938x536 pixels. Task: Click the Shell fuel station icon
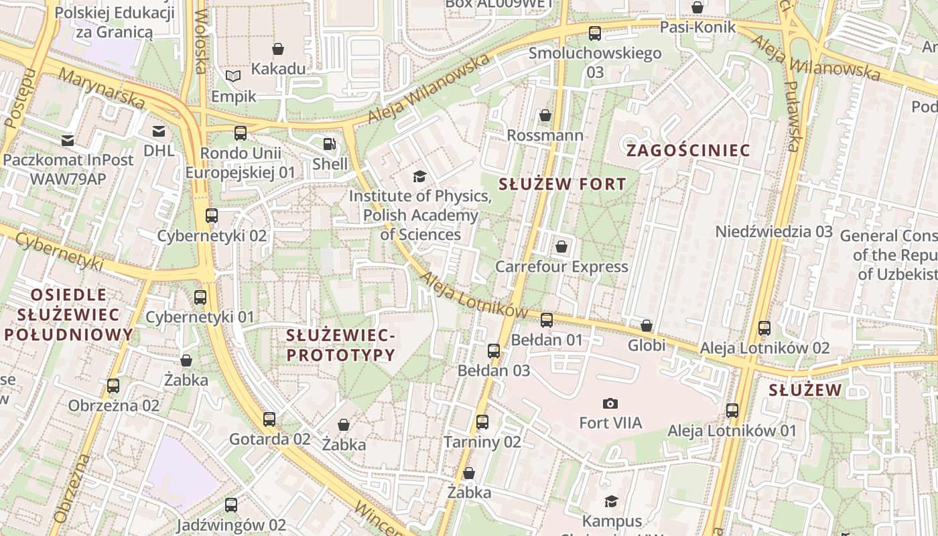tap(329, 144)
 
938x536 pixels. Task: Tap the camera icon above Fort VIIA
tap(610, 403)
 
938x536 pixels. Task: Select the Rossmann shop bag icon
tap(545, 115)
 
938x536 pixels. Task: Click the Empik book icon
tap(232, 76)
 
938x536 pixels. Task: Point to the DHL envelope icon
tap(159, 131)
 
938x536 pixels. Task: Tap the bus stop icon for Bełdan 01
tap(547, 320)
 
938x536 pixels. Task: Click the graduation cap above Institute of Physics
tap(419, 176)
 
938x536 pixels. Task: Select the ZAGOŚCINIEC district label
tap(688, 150)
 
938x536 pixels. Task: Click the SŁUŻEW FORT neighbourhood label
tap(563, 184)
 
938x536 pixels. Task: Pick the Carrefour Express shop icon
tap(561, 247)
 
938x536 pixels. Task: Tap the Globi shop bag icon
tap(647, 326)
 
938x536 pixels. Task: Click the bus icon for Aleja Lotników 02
tap(764, 328)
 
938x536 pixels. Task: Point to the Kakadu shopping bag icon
tap(278, 49)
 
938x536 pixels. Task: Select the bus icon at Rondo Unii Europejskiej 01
tap(241, 133)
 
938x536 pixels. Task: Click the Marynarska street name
tap(101, 88)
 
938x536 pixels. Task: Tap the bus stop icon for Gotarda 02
tap(269, 419)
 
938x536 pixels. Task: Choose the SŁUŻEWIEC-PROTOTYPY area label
tap(341, 345)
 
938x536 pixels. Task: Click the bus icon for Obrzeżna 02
tap(113, 386)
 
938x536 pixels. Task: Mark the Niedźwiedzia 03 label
tap(774, 232)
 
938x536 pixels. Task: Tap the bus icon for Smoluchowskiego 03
tap(594, 33)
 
